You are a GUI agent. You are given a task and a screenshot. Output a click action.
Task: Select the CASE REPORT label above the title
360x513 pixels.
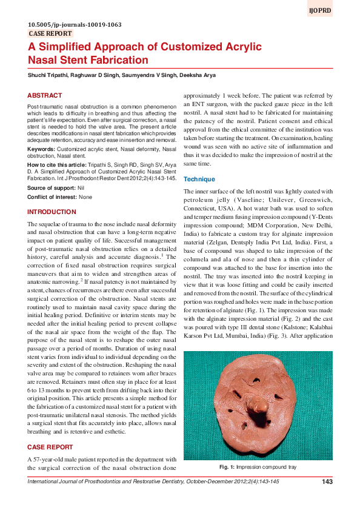pyautogui.click(x=50, y=34)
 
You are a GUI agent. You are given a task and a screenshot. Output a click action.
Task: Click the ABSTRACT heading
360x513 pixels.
pyautogui.click(x=45, y=96)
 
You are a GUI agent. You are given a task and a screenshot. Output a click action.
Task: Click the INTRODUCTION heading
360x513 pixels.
pyautogui.click(x=52, y=212)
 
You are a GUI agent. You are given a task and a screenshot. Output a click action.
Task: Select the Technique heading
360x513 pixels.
pyautogui.click(x=199, y=179)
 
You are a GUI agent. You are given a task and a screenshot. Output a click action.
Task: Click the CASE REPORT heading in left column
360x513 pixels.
pyautogui.click(x=50, y=446)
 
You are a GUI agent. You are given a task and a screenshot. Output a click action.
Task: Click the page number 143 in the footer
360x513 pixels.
pyautogui.click(x=327, y=481)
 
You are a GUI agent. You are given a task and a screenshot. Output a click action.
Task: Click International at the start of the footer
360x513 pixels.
pyautogui.click(x=45, y=481)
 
